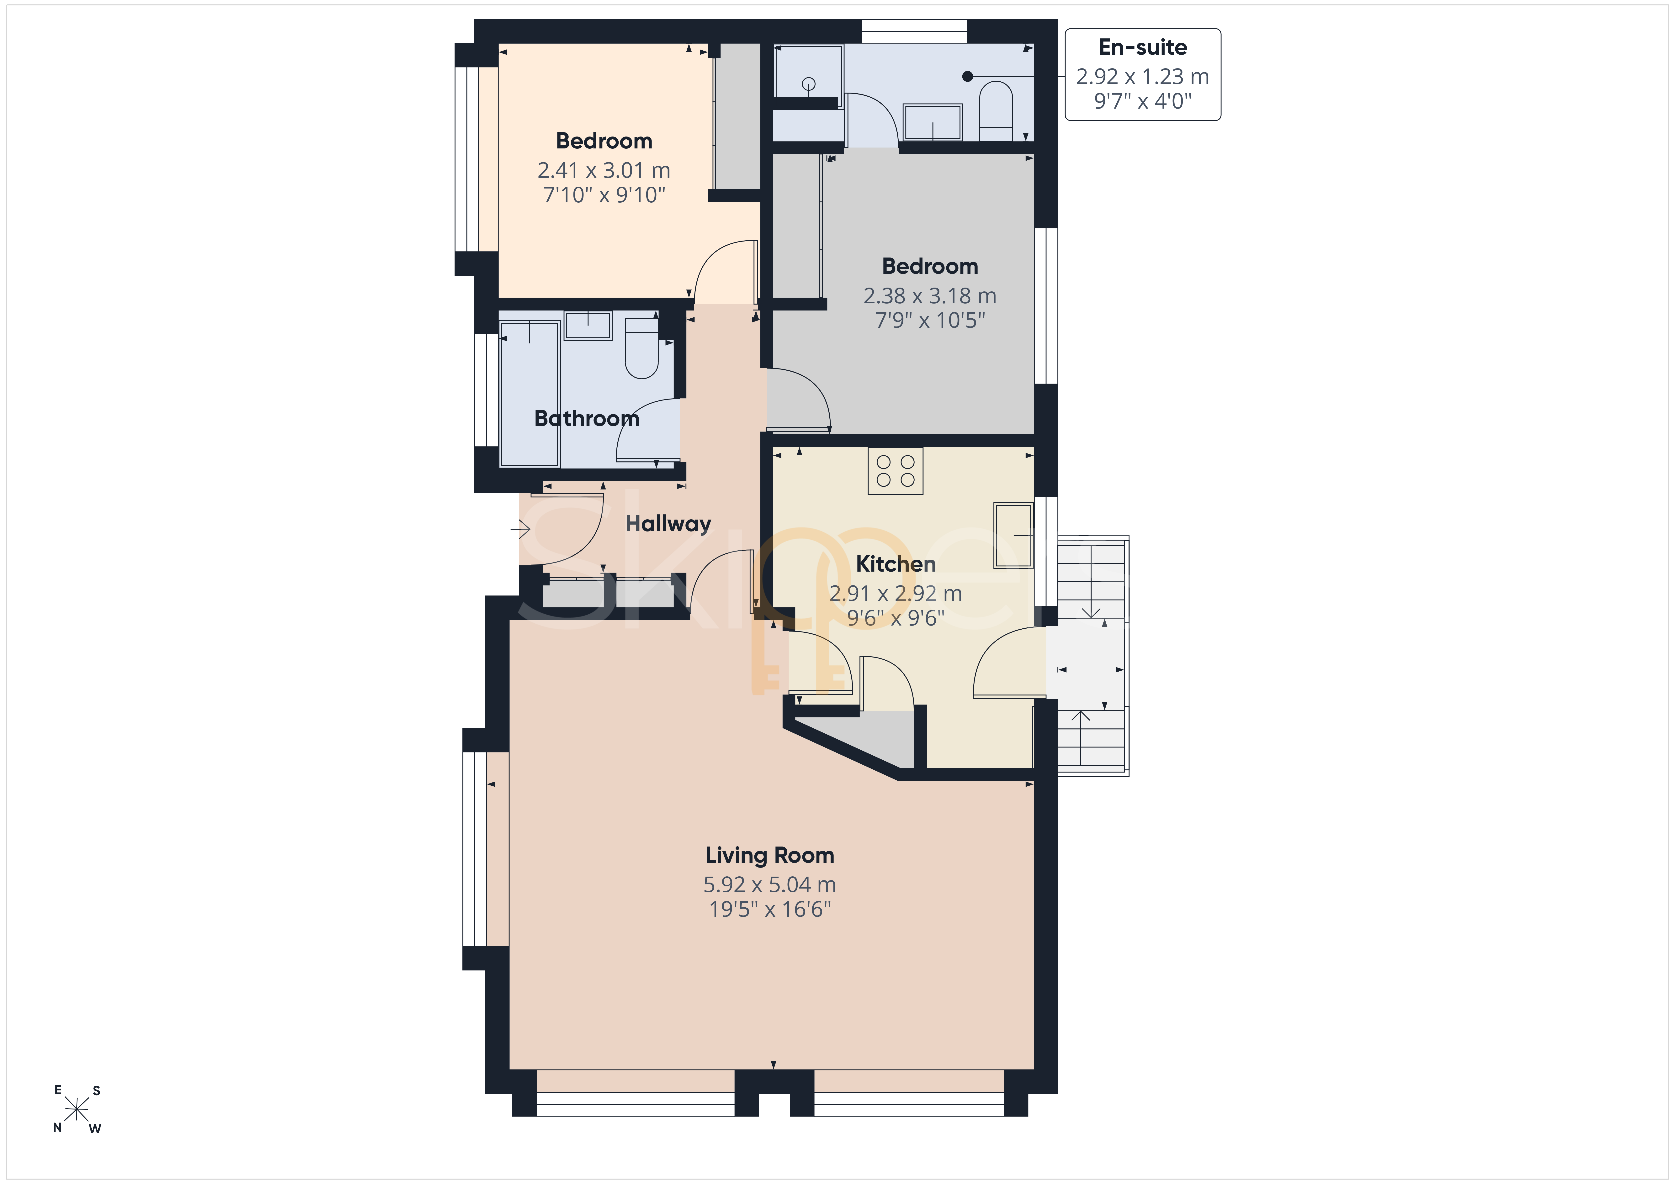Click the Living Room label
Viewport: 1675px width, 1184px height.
pos(770,855)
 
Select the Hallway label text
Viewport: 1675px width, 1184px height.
pos(668,524)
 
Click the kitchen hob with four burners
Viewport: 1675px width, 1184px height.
pos(895,471)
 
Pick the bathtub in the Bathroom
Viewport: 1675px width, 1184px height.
pos(530,392)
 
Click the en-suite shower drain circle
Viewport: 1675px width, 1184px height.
pos(808,85)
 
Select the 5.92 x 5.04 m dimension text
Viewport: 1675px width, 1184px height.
pos(770,884)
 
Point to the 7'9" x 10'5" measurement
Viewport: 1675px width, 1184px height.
pos(930,320)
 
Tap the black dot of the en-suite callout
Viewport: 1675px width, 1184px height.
pos(967,76)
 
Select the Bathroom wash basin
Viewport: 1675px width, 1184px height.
pos(588,325)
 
